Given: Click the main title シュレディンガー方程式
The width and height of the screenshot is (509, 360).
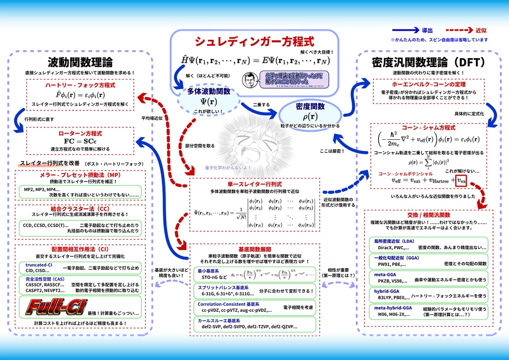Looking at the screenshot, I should [x=254, y=41].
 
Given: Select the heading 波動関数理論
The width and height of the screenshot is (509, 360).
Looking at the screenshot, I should [x=80, y=63].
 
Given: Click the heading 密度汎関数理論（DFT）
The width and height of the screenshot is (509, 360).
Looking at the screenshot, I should [x=428, y=63].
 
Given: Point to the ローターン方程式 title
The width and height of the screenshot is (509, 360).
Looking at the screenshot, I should [x=80, y=134].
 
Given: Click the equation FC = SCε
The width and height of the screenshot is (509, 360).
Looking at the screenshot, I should [x=80, y=141].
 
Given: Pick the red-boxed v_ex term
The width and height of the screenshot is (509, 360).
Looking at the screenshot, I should [x=462, y=181].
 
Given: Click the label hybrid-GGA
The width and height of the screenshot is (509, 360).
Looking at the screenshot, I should [x=387, y=291].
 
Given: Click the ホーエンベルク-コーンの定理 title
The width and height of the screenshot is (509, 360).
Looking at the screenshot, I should [x=428, y=85].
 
